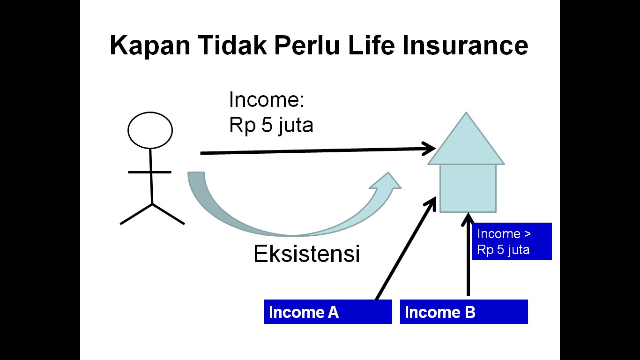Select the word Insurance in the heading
pyautogui.click(x=465, y=45)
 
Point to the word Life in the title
pyautogui.click(x=372, y=45)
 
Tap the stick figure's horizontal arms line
pyautogui.click(x=150, y=172)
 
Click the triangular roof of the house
pyautogui.click(x=466, y=138)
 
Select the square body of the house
pyautogui.click(x=468, y=188)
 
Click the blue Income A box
pyautogui.click(x=328, y=312)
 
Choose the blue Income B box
pyautogui.click(x=464, y=312)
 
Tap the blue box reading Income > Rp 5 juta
pyautogui.click(x=512, y=241)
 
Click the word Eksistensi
pyautogui.click(x=306, y=254)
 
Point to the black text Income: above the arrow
pyautogui.click(x=267, y=99)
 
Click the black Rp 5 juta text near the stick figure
pyautogui.click(x=271, y=125)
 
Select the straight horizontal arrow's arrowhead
pyautogui.click(x=429, y=149)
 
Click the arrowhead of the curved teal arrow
pyautogui.click(x=386, y=181)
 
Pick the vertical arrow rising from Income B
pyautogui.click(x=468, y=255)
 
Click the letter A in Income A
pyautogui.click(x=333, y=312)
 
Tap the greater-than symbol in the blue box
pyautogui.click(x=528, y=234)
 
